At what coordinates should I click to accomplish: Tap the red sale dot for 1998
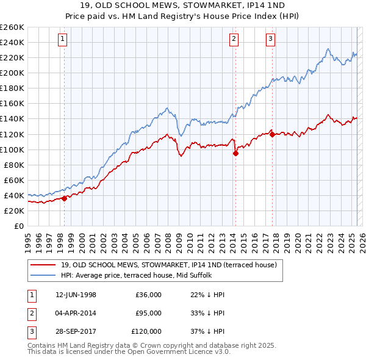click(64, 198)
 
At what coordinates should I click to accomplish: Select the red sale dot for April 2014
click(235, 153)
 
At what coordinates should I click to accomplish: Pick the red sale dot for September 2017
click(272, 134)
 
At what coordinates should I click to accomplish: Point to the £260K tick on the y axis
click(12, 27)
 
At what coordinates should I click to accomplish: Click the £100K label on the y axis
click(12, 149)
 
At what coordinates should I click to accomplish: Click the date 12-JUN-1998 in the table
click(76, 295)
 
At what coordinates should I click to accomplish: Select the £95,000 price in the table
click(148, 313)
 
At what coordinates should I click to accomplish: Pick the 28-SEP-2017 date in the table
click(76, 331)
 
